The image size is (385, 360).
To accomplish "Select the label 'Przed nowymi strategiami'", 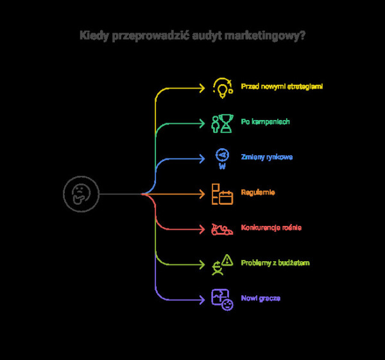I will [x=282, y=86].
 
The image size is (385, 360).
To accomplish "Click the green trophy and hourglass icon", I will [x=222, y=123].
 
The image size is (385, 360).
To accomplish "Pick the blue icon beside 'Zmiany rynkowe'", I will [x=222, y=158].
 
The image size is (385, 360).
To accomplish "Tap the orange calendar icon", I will [x=222, y=193].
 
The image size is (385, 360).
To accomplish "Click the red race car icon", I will [x=222, y=229].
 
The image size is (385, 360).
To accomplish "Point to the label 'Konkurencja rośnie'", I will [x=271, y=228].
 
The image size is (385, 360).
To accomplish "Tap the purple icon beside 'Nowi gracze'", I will [x=222, y=300].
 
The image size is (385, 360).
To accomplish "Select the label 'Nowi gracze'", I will [x=261, y=298].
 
